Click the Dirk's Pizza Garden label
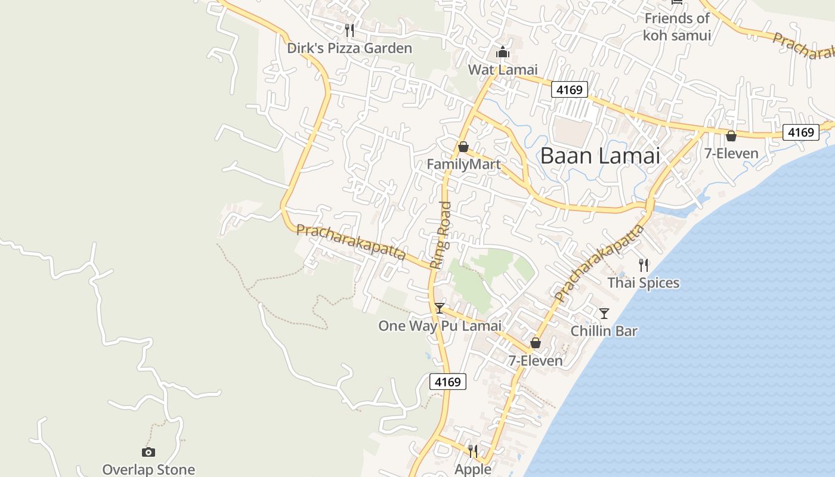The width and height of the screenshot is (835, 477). pyautogui.click(x=350, y=48)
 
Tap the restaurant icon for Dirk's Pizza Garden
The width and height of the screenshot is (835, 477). pyautogui.click(x=350, y=29)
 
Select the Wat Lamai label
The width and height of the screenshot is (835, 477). pyautogui.click(x=503, y=70)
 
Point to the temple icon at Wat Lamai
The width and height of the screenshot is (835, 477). pyautogui.click(x=503, y=52)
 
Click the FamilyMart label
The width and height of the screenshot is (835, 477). pyautogui.click(x=463, y=164)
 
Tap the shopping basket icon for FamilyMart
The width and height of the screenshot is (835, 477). pyautogui.click(x=463, y=147)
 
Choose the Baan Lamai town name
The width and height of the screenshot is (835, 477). pyautogui.click(x=600, y=156)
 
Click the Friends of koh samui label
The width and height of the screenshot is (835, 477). pyautogui.click(x=677, y=27)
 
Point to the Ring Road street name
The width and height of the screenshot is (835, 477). pyautogui.click(x=442, y=235)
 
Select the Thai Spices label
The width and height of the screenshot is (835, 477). pyautogui.click(x=644, y=283)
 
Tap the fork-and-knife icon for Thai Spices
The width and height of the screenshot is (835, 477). pyautogui.click(x=644, y=265)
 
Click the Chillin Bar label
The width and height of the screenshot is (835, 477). pyautogui.click(x=604, y=331)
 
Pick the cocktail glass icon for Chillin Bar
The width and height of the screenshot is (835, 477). pyautogui.click(x=604, y=313)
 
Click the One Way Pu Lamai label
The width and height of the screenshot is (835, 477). pyautogui.click(x=440, y=326)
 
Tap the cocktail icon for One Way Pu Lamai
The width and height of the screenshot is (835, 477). pyautogui.click(x=440, y=308)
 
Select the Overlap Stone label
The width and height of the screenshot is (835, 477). pyautogui.click(x=149, y=470)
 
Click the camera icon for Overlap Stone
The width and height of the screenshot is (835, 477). pyautogui.click(x=149, y=452)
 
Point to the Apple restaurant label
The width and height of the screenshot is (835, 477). pyautogui.click(x=473, y=469)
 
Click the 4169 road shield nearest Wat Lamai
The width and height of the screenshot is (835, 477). pyautogui.click(x=569, y=90)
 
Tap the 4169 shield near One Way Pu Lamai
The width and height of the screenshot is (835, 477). pyautogui.click(x=448, y=382)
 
